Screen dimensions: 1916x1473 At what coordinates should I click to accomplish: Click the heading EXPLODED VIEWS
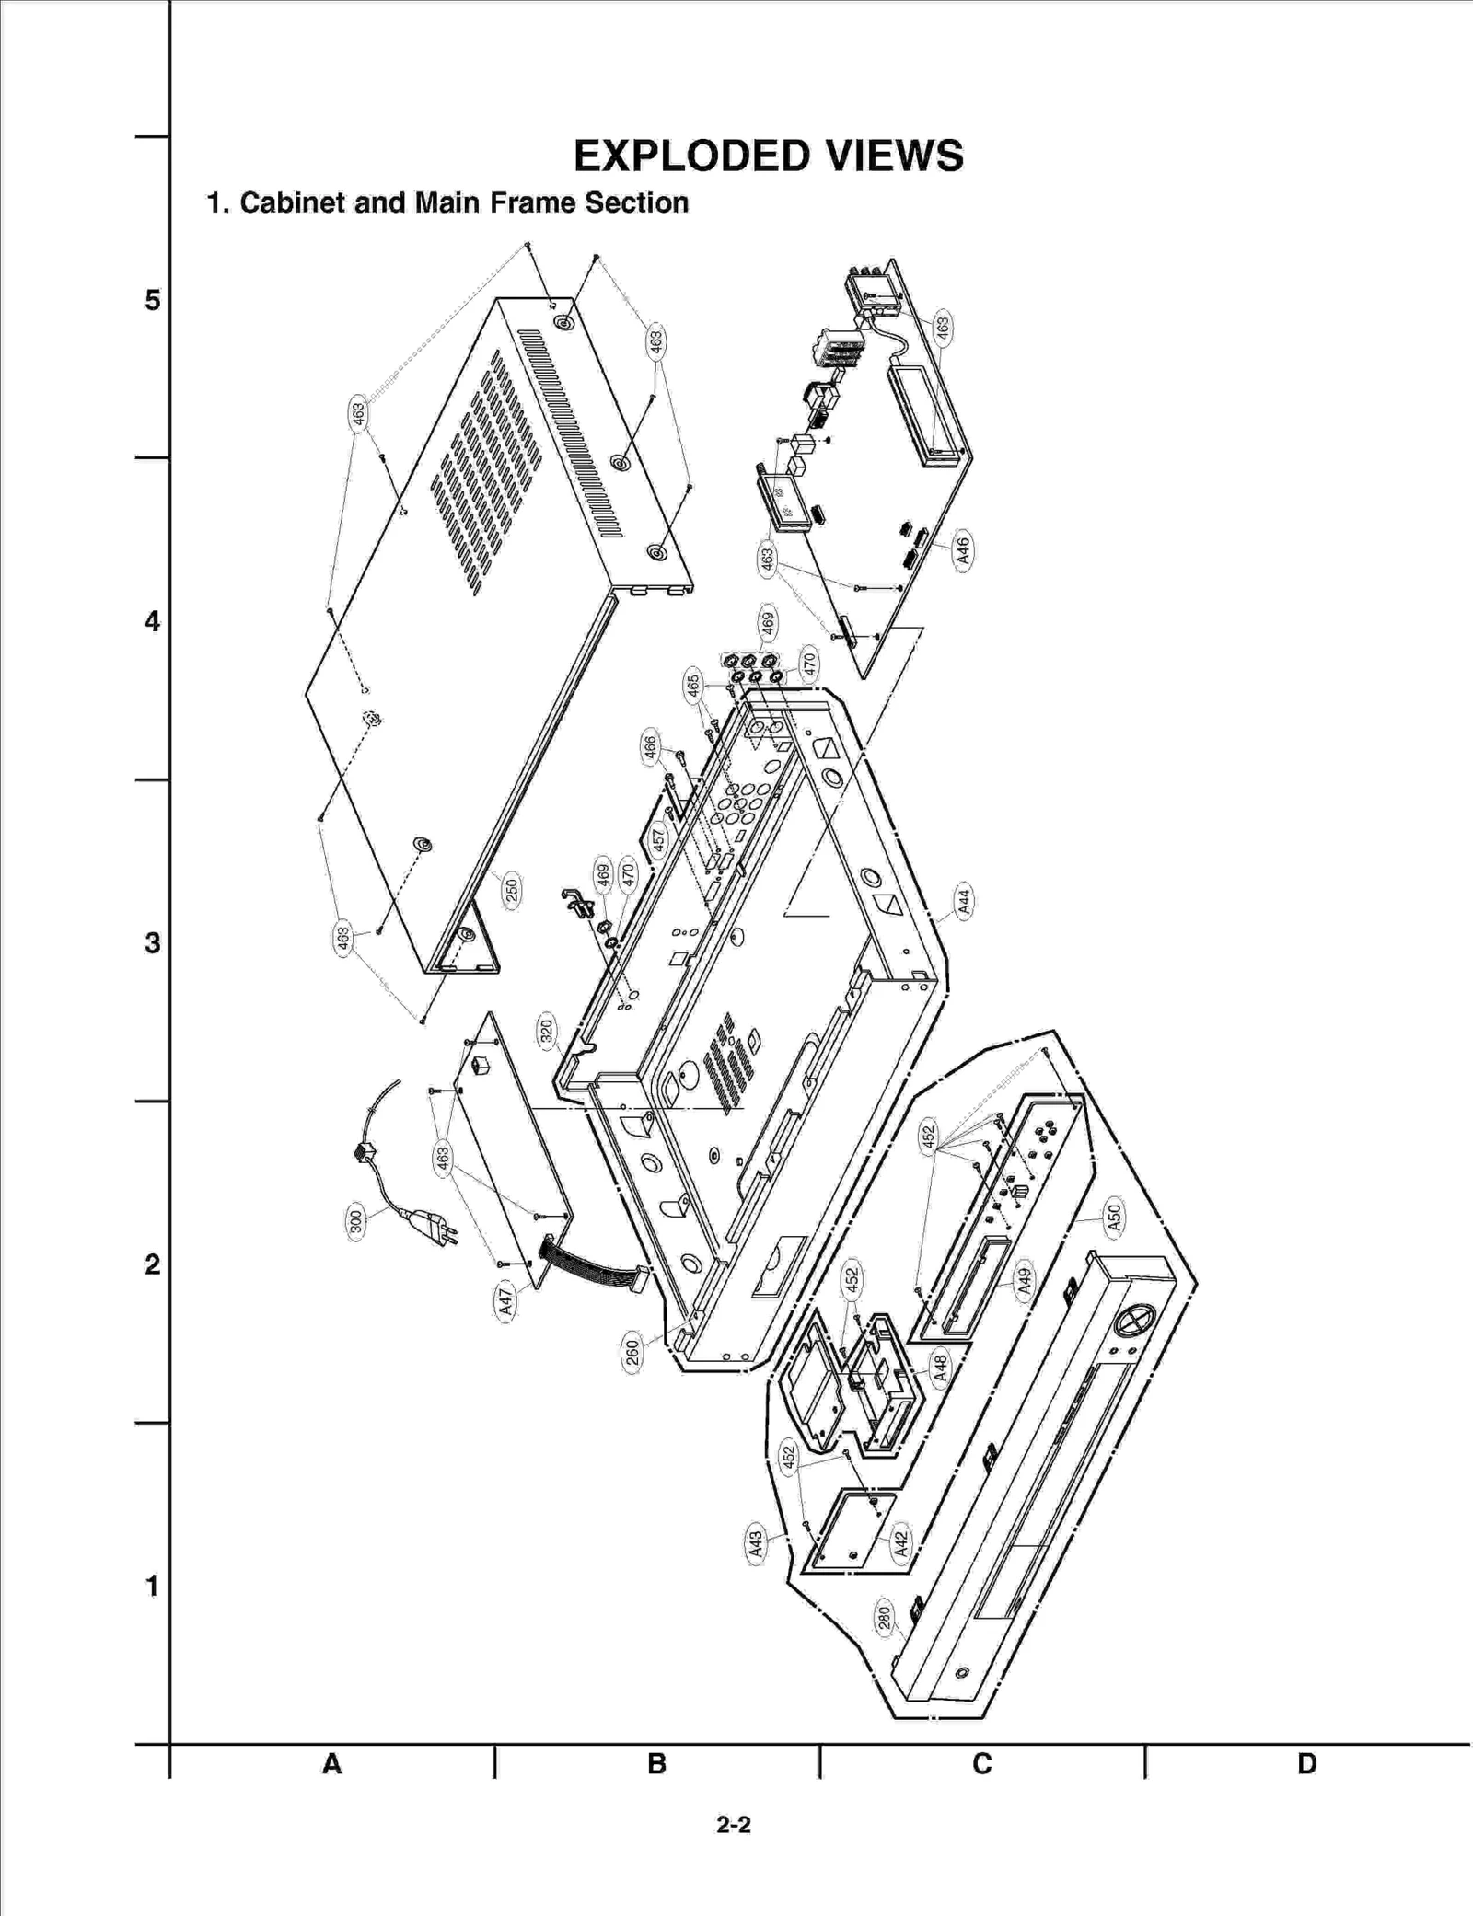pyautogui.click(x=768, y=156)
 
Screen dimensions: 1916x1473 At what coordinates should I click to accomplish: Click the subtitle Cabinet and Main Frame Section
pyautogui.click(x=447, y=202)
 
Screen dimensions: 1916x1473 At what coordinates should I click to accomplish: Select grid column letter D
pyautogui.click(x=1306, y=1763)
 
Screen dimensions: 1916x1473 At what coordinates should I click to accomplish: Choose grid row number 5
pyautogui.click(x=152, y=300)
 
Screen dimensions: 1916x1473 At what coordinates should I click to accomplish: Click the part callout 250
pyautogui.click(x=512, y=890)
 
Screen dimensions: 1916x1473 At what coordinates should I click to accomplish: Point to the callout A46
pyautogui.click(x=963, y=550)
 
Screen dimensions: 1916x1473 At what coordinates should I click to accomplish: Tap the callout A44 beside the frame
pyautogui.click(x=963, y=900)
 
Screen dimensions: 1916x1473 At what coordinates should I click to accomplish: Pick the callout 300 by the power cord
pyautogui.click(x=356, y=1221)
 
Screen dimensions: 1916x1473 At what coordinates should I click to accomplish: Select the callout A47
pyautogui.click(x=505, y=1301)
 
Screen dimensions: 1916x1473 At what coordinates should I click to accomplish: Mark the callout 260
pyautogui.click(x=632, y=1353)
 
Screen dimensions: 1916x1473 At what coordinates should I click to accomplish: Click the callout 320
pyautogui.click(x=547, y=1032)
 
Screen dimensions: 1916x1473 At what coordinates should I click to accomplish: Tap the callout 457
pyautogui.click(x=658, y=839)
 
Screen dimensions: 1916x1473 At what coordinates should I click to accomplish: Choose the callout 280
pyautogui.click(x=884, y=1618)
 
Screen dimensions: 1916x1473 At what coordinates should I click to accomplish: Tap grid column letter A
pyautogui.click(x=331, y=1763)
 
